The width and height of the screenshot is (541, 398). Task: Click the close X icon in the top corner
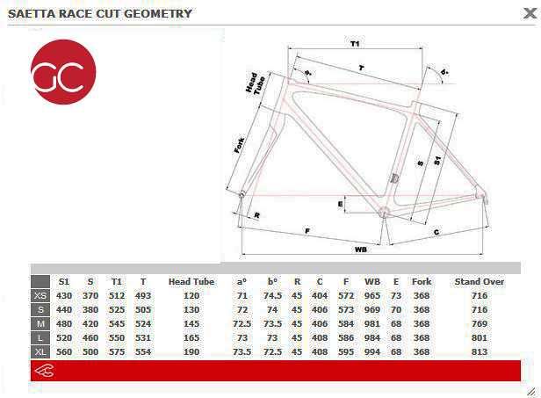coord(530,13)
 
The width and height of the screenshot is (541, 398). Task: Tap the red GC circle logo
coord(63,72)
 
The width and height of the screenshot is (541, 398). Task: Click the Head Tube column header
coord(191,282)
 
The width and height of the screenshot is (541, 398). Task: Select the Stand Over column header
coord(480,282)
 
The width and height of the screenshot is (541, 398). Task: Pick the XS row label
coord(40,296)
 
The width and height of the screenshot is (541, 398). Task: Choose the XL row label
coord(40,352)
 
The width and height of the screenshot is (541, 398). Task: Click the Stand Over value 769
coord(480,324)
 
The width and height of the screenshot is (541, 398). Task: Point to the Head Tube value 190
coord(191,352)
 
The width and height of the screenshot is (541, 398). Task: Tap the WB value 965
coord(372,296)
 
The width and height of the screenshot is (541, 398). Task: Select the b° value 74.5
coord(272,296)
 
